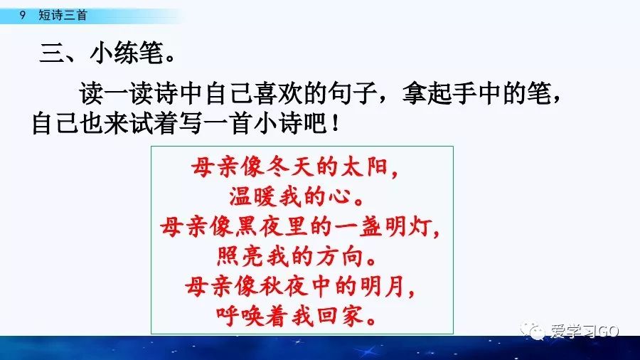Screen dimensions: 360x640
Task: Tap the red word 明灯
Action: pos(407,227)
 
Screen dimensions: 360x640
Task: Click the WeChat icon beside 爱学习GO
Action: pos(534,332)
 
